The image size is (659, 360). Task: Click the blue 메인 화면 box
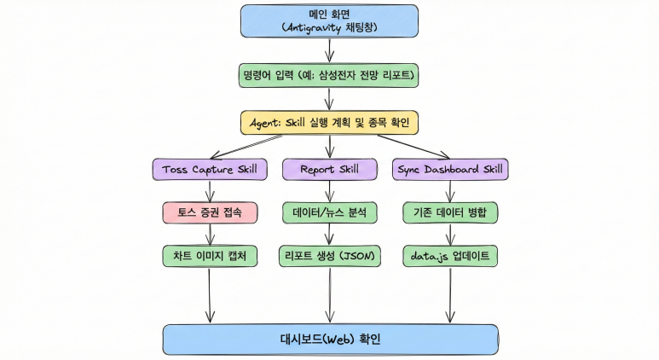[329, 20]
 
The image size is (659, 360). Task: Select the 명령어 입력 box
[329, 76]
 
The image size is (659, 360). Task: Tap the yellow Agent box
[329, 123]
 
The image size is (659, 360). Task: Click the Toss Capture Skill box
[210, 169]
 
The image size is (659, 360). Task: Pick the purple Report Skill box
[329, 169]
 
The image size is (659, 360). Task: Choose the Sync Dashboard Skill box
[450, 169]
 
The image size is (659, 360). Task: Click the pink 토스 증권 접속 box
[210, 212]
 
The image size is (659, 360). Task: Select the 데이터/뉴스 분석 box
[329, 212]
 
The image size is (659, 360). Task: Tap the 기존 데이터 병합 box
[450, 212]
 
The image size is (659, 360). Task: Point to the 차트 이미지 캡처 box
[210, 255]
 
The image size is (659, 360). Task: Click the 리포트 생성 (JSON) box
[329, 255]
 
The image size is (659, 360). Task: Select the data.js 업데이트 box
[450, 255]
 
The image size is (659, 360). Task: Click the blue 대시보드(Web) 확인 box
[330, 339]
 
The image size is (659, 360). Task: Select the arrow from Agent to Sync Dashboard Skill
[396, 146]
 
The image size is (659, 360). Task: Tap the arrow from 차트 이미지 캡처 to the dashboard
[210, 294]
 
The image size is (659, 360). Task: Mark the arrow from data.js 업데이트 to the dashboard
[450, 294]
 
